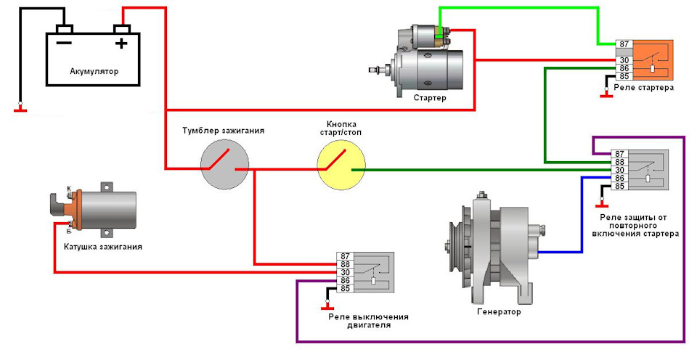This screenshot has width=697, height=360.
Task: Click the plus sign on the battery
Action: coord(121,44)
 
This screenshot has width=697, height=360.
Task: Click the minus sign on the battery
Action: coord(64,43)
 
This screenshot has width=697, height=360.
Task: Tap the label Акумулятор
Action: coord(94,71)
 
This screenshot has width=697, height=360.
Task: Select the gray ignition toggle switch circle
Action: coord(224,164)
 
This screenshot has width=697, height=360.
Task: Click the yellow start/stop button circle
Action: coord(341,164)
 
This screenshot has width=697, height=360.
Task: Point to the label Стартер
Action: coord(429,98)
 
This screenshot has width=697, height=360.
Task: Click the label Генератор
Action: coord(499,311)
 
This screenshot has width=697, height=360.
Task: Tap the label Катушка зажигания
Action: coord(102,247)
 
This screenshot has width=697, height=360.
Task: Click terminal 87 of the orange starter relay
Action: coord(624,44)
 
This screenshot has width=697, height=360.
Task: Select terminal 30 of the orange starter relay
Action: coord(624,60)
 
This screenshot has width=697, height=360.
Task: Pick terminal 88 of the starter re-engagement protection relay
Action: coord(619,163)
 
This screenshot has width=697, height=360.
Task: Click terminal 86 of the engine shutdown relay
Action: coord(345,280)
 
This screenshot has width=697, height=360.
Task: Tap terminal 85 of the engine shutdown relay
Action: coord(345,288)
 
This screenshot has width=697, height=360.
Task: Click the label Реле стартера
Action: coord(644,88)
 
